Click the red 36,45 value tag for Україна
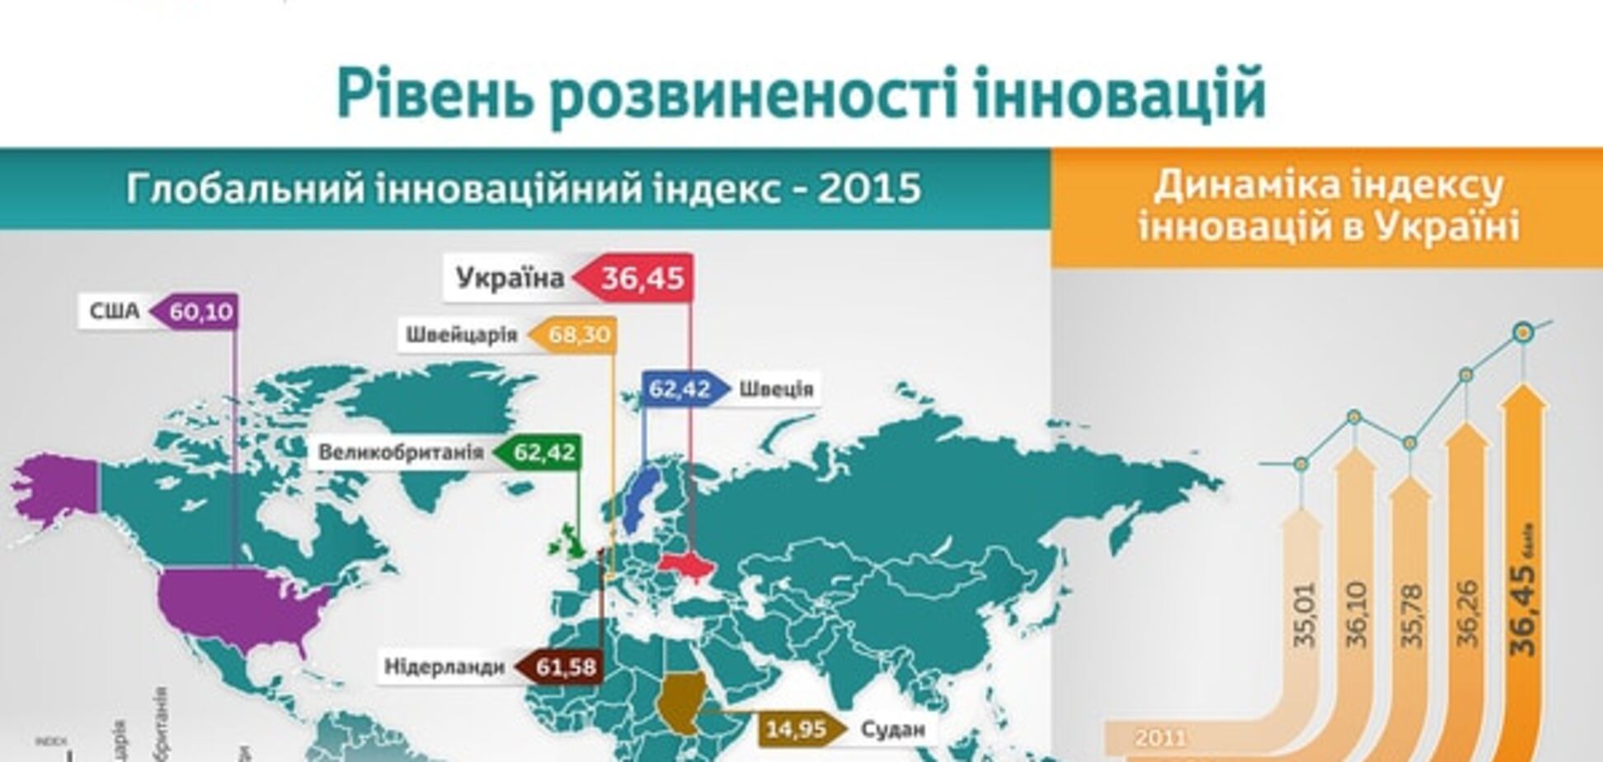tap(641, 278)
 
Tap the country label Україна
tap(510, 278)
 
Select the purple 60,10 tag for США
tap(201, 312)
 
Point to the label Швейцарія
tap(461, 335)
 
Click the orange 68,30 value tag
tap(578, 335)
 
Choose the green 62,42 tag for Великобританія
tap(543, 452)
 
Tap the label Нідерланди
tap(444, 666)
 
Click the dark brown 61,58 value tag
tap(565, 666)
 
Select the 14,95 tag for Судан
tap(796, 729)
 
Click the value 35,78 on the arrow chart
tap(1411, 614)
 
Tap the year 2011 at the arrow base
tap(1160, 736)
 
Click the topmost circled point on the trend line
tap(1523, 332)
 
